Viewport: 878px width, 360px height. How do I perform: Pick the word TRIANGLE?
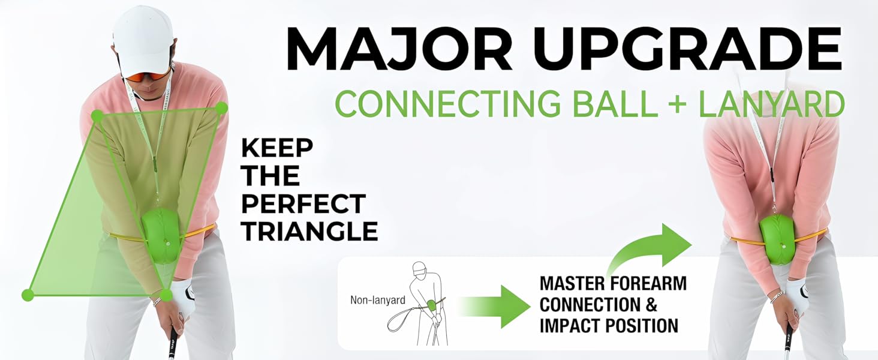(309, 231)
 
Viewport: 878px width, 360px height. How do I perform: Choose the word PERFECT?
(303, 204)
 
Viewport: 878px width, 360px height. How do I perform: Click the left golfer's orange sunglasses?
(147, 76)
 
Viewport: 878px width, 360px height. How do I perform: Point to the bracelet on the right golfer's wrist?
(777, 296)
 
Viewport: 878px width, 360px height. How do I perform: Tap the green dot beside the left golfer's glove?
(166, 295)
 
